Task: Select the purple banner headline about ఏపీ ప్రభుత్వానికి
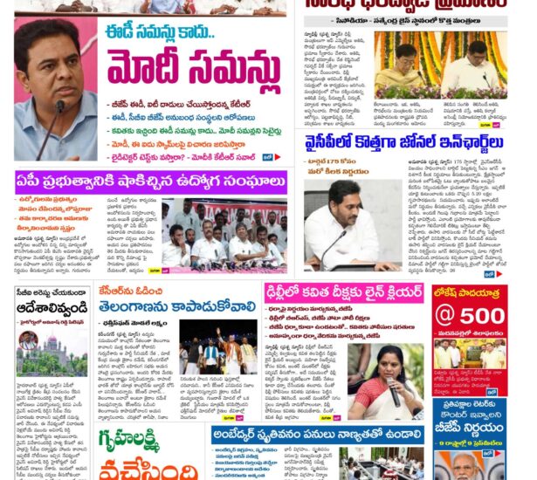148,182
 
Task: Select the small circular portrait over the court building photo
28,340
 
